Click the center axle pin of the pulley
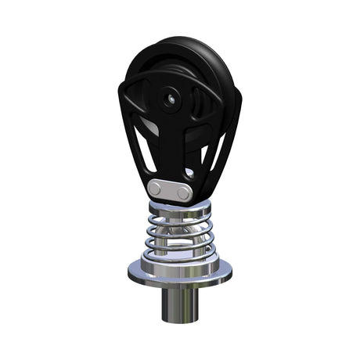click(x=169, y=99)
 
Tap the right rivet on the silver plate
click(x=183, y=193)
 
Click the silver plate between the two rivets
click(x=171, y=190)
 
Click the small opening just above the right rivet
click(x=189, y=173)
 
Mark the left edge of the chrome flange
click(x=130, y=271)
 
